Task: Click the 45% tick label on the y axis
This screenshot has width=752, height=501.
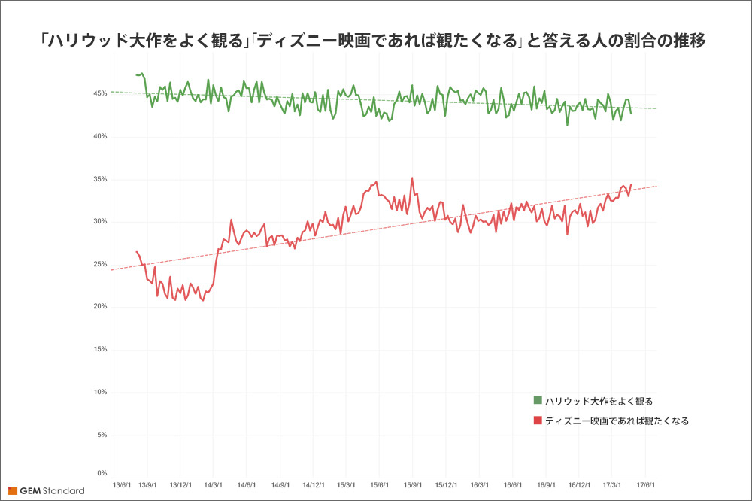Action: tap(99, 94)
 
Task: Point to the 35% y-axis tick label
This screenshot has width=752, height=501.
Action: tap(99, 179)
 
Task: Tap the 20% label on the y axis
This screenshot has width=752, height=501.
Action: tap(99, 307)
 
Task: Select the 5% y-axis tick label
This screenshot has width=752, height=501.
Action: tap(102, 435)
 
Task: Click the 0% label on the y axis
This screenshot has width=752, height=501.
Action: tap(102, 473)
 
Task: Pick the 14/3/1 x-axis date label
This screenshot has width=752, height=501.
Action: tap(213, 486)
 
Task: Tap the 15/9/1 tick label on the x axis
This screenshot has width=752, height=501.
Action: tap(413, 486)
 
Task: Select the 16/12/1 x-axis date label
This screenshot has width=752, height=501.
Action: tap(580, 486)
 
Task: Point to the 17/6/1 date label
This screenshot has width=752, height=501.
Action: tap(646, 486)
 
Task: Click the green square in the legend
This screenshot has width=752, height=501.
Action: tap(538, 399)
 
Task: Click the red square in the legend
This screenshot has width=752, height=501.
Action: tap(538, 420)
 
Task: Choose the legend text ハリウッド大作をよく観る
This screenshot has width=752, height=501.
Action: tap(594, 400)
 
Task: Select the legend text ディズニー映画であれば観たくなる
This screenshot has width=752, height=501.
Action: tap(617, 421)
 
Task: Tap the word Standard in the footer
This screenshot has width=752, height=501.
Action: tap(64, 491)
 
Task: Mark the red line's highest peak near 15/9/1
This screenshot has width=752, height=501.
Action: tap(412, 178)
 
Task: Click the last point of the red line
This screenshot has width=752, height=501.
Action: tap(631, 184)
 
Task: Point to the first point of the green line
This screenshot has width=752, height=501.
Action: tap(136, 75)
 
